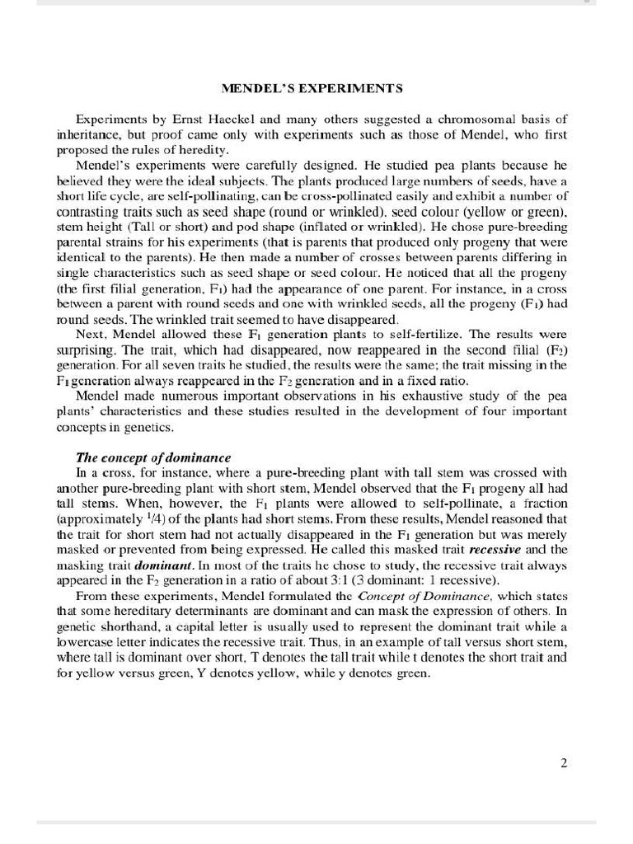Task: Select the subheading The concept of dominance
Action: [153, 457]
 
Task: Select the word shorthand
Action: [120, 626]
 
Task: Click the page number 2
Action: [564, 763]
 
